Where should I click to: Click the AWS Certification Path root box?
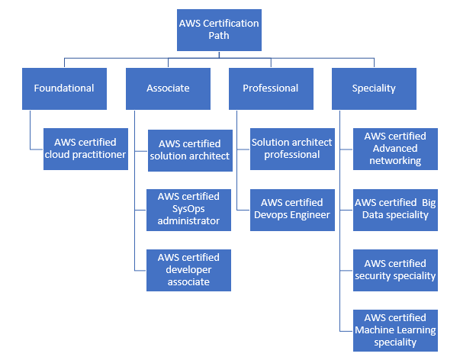click(x=219, y=29)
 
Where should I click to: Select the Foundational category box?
click(x=64, y=88)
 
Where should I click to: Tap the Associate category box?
click(x=168, y=88)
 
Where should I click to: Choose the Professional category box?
click(x=271, y=88)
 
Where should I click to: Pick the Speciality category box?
click(x=374, y=88)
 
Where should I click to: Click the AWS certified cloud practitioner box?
click(x=85, y=149)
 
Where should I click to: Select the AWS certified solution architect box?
click(x=189, y=149)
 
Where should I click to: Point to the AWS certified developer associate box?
click(x=188, y=270)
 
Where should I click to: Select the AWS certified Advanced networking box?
click(x=395, y=149)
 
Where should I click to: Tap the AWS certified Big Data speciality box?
click(x=395, y=209)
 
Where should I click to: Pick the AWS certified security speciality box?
click(x=395, y=270)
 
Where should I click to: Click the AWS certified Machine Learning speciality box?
click(x=395, y=330)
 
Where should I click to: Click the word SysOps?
click(x=188, y=209)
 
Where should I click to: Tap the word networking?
click(x=395, y=161)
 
